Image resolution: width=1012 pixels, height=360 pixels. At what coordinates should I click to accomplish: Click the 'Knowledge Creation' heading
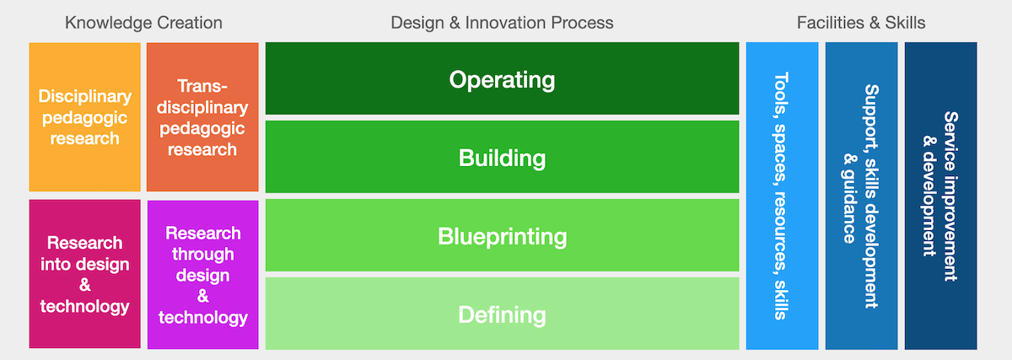(143, 23)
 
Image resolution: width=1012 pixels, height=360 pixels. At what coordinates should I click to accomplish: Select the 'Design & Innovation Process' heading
(502, 23)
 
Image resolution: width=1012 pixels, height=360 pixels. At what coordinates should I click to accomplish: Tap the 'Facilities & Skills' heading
(861, 23)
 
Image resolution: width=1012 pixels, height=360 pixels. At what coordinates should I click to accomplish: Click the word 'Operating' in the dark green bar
(502, 80)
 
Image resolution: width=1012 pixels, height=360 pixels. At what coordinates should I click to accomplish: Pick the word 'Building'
(502, 159)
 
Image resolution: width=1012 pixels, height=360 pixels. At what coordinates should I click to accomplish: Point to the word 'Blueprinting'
(502, 237)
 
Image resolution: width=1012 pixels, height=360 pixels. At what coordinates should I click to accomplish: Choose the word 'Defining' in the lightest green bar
(502, 314)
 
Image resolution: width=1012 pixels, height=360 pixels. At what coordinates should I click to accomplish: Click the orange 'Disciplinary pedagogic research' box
(85, 117)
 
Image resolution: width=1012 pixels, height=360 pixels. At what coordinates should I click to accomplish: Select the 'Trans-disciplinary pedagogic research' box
(202, 117)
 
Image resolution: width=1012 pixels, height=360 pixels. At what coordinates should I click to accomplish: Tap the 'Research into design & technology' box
(85, 274)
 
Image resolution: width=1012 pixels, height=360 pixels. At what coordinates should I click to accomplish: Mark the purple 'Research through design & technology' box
(203, 275)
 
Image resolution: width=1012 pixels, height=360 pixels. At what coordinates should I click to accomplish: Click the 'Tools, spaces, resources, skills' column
(782, 196)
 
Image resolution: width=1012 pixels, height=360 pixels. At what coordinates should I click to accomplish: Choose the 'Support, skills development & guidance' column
(862, 196)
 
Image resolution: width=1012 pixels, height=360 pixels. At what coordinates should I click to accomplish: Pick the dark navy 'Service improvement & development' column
(940, 196)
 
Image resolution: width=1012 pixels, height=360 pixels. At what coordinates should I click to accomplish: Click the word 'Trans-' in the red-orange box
(202, 86)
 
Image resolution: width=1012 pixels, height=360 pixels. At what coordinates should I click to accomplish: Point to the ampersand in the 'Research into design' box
(85, 286)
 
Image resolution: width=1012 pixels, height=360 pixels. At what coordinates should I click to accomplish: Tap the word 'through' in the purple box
(203, 255)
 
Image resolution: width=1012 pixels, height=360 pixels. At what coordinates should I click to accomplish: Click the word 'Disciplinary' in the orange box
(85, 96)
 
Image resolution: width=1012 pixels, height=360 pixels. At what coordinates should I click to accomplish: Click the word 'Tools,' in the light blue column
(782, 94)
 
